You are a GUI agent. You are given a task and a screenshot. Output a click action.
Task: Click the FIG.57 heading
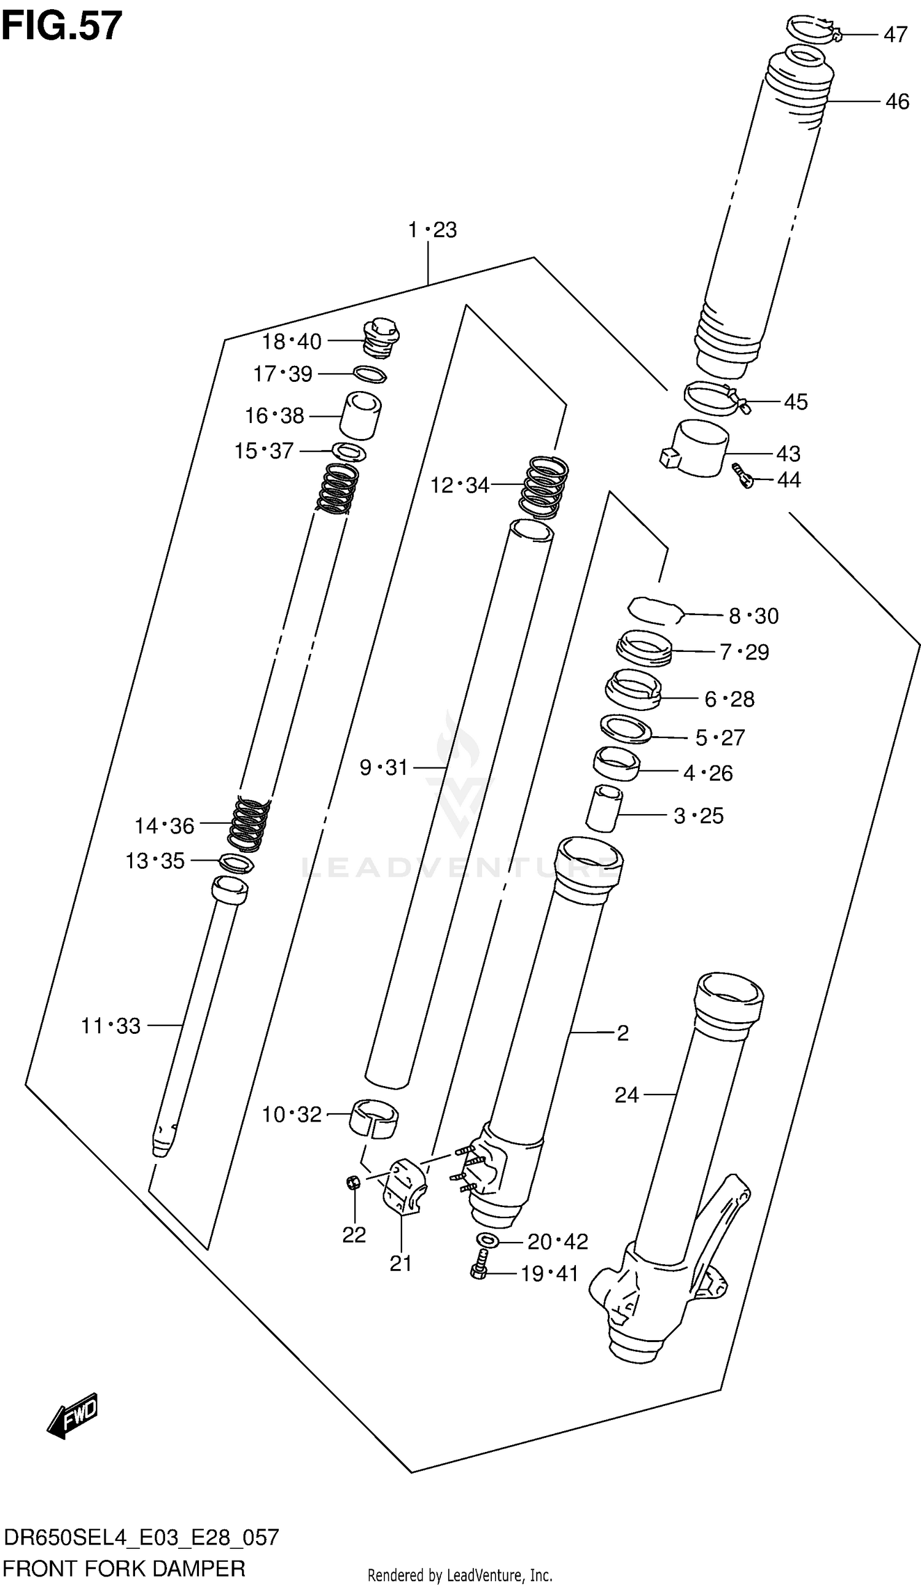coord(61,26)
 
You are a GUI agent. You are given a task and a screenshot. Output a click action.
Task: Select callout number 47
coord(895,34)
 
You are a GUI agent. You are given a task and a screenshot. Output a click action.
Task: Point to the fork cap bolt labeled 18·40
coord(382,340)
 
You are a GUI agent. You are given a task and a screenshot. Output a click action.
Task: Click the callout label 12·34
coord(459,485)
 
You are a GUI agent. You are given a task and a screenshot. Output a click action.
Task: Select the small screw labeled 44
coord(743,477)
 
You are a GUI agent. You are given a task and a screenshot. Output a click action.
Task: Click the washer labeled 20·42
coord(488,1241)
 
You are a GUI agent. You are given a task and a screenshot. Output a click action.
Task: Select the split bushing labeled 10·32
coord(374,1118)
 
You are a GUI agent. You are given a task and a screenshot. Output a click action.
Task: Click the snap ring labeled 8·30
coord(655,611)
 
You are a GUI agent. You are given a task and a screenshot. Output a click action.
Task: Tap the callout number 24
coord(626,1095)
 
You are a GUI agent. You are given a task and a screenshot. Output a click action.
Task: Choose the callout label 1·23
coord(432,230)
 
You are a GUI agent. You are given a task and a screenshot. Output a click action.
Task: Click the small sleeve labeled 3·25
coord(603,809)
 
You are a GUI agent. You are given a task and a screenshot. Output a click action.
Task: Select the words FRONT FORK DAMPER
coord(124,1569)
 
